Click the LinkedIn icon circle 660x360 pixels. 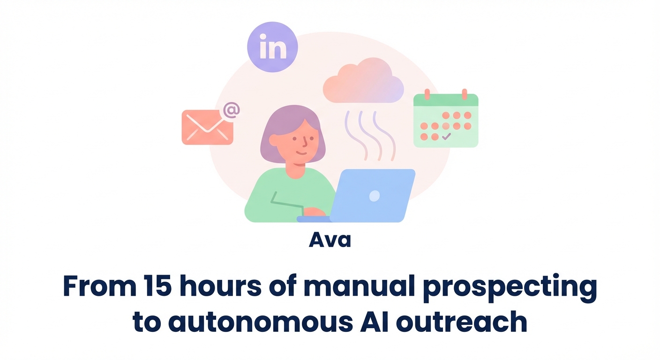pyautogui.click(x=272, y=47)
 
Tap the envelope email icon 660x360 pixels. pyautogui.click(x=207, y=127)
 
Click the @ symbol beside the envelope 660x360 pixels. pyautogui.click(x=231, y=110)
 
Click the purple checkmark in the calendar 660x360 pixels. pyautogui.click(x=446, y=136)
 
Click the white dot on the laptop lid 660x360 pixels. pyautogui.click(x=374, y=196)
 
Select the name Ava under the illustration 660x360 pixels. pyautogui.click(x=330, y=240)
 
